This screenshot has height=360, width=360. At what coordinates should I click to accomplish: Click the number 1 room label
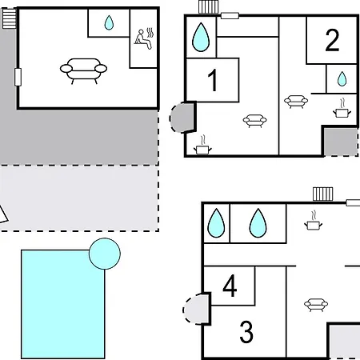[x=213, y=80]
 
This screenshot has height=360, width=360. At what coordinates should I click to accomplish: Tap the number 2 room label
[x=332, y=40]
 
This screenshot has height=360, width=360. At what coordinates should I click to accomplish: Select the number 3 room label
[x=246, y=332]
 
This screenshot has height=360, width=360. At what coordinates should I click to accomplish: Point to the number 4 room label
[x=230, y=286]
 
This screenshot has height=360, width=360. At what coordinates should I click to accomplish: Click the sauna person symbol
[x=144, y=38]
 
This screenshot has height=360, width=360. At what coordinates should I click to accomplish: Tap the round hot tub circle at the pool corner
[x=105, y=254]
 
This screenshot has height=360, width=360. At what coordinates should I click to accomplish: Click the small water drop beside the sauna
[x=109, y=22]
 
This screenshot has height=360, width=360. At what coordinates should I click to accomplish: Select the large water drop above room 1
[x=201, y=37]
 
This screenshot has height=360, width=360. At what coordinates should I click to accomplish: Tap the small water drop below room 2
[x=342, y=79]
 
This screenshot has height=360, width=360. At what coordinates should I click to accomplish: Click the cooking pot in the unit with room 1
[x=202, y=146]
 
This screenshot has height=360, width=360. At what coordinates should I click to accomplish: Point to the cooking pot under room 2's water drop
[x=342, y=108]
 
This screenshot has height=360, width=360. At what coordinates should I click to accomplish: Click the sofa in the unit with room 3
[x=316, y=305]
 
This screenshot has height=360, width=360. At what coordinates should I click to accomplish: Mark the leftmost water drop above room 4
[x=216, y=223]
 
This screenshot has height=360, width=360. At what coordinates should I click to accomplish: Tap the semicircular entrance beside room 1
[x=182, y=118]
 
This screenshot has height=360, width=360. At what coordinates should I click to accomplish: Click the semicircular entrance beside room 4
[x=196, y=309]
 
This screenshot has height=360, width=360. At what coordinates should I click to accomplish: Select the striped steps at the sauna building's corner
[x=10, y=18]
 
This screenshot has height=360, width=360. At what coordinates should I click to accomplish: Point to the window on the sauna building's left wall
[x=18, y=77]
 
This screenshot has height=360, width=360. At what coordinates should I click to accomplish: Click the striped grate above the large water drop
[x=209, y=7]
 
